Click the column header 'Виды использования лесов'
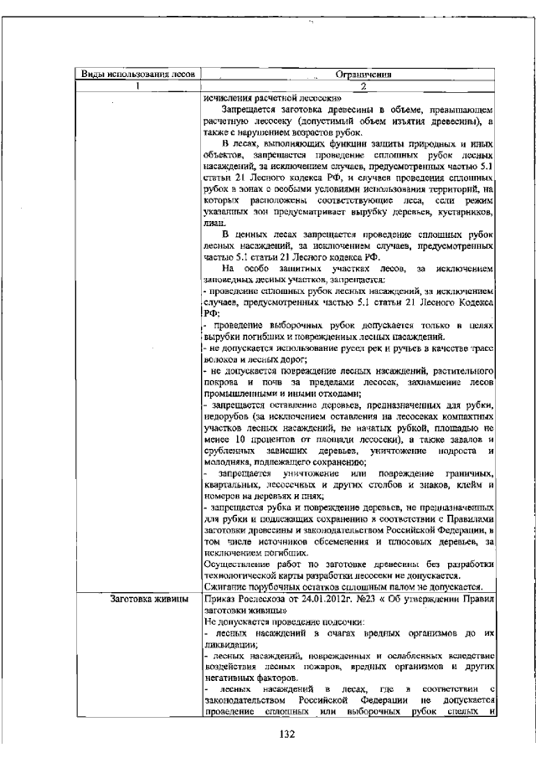pos(137,75)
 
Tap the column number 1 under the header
pos(137,86)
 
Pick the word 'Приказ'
pos(219,598)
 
